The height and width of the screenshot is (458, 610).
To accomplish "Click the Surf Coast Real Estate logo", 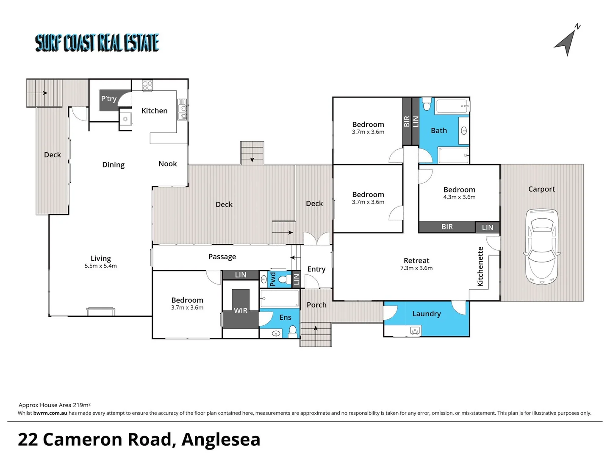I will [97, 43].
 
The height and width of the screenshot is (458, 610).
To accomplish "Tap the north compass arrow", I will [566, 43].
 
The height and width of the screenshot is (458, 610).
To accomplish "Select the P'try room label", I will [108, 99].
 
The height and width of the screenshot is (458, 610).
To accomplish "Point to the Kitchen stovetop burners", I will [147, 85].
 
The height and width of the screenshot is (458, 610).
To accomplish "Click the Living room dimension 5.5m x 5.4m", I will [100, 266].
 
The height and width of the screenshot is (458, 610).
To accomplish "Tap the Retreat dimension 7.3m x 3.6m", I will [416, 268].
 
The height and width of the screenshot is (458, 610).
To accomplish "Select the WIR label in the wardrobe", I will [241, 310].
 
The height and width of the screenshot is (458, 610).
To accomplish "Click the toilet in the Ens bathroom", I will [292, 330].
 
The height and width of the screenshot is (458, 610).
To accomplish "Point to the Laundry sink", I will [415, 330].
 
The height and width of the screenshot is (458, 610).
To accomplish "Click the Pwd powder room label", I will [273, 279].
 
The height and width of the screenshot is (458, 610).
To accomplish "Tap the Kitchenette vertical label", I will [480, 266].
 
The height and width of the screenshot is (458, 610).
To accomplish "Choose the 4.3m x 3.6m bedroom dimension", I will [459, 197].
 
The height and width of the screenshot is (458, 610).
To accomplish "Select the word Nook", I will [167, 164].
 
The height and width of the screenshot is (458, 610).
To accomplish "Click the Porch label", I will [316, 305].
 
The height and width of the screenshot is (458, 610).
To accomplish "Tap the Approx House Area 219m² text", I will [54, 405].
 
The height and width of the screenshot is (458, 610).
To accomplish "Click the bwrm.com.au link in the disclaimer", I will [50, 413].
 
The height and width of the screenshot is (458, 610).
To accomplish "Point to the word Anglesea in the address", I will [221, 439].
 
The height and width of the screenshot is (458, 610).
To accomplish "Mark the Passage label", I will [222, 257].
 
